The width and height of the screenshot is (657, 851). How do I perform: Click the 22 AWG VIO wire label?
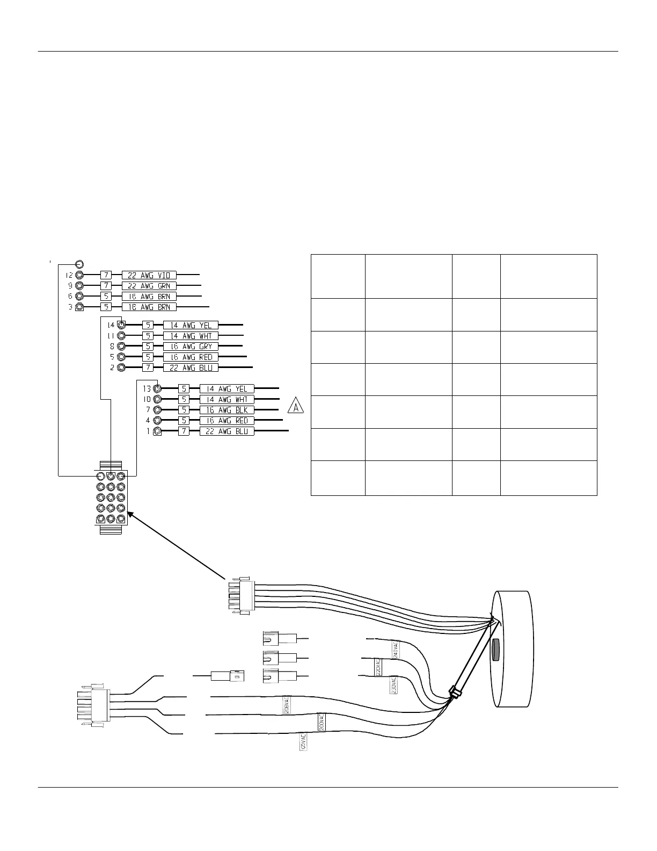[x=149, y=275]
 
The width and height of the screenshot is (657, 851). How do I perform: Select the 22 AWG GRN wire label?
[x=149, y=286]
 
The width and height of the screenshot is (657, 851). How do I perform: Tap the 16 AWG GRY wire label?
[x=191, y=347]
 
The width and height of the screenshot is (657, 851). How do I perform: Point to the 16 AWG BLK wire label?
[x=227, y=410]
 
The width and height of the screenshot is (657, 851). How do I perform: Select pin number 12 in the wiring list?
[x=69, y=275]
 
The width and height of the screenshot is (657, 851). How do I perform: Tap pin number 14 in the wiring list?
[x=111, y=326]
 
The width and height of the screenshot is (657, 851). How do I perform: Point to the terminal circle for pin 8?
[x=121, y=347]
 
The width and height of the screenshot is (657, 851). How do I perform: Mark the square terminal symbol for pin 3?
[x=79, y=307]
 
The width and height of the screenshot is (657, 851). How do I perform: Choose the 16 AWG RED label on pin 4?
[x=227, y=421]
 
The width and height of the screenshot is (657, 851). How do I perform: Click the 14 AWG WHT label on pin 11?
[x=191, y=336]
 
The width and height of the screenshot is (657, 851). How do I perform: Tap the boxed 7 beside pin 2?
[x=148, y=367]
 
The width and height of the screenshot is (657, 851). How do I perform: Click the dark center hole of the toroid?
[x=495, y=650]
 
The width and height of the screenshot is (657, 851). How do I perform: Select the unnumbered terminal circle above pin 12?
[x=79, y=264]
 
